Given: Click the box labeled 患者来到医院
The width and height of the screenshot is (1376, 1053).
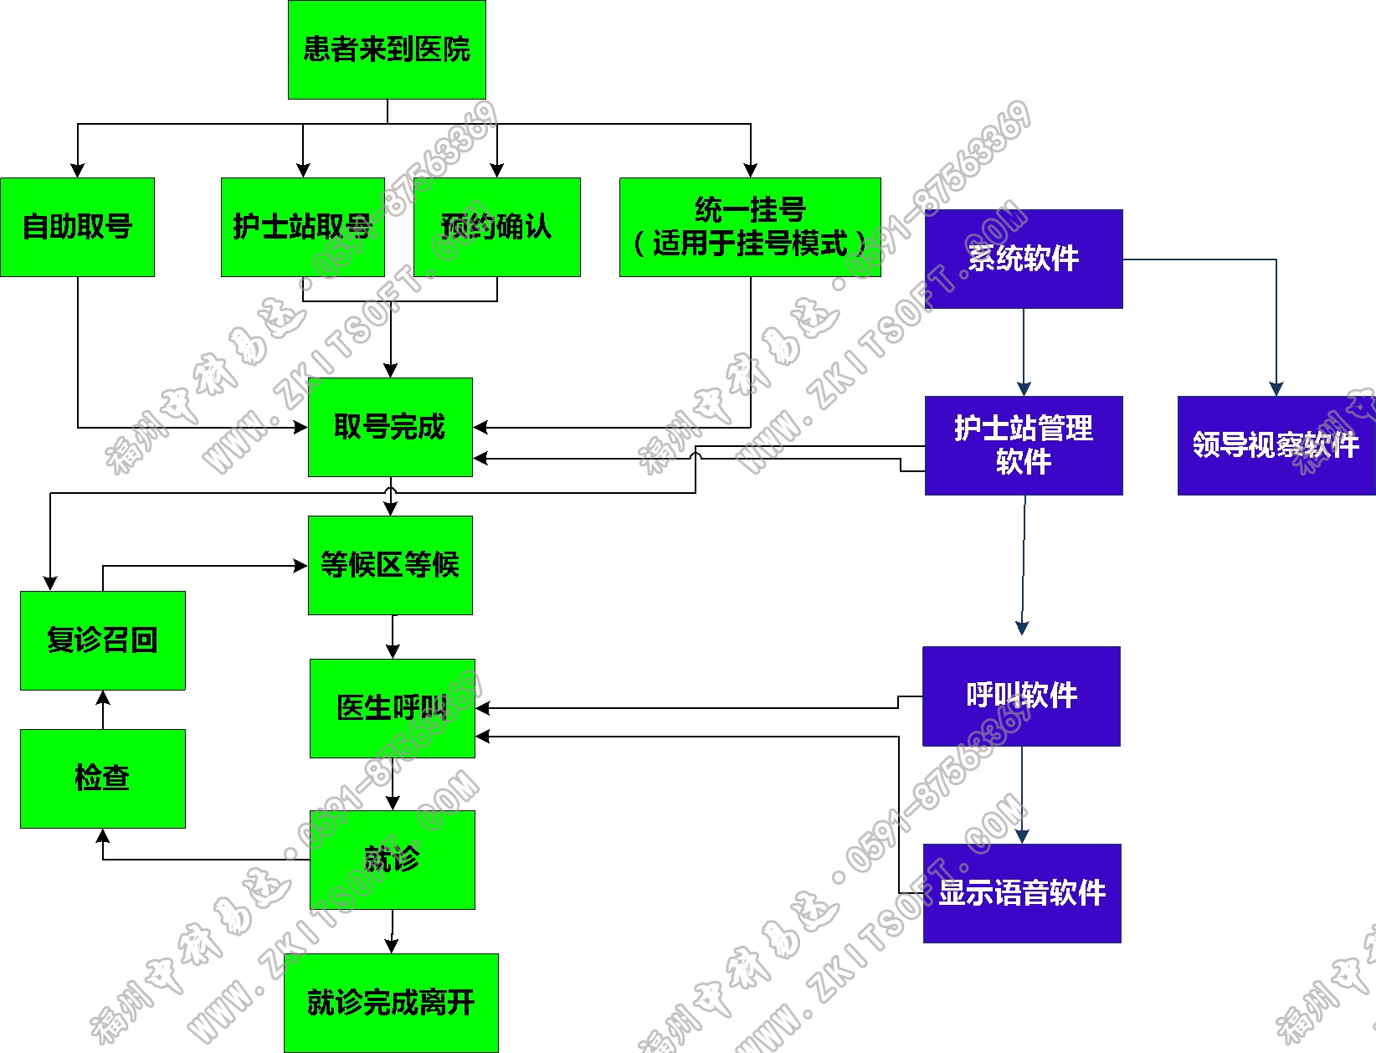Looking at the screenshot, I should click(x=387, y=49).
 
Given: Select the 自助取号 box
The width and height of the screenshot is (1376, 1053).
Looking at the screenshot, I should click(x=77, y=227).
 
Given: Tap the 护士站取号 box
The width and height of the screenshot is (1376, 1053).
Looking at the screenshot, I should click(x=302, y=227).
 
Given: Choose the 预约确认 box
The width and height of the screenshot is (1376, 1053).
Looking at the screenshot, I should click(x=496, y=227).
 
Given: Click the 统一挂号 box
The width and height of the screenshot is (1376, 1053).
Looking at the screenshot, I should click(x=750, y=227).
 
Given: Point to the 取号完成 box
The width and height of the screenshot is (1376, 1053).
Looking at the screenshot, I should click(x=390, y=427).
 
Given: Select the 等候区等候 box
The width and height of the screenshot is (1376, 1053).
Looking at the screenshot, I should click(x=390, y=565).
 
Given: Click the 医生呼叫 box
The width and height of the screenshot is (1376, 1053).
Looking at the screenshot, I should click(x=392, y=708).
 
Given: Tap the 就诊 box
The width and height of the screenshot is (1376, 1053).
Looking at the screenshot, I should click(x=392, y=860).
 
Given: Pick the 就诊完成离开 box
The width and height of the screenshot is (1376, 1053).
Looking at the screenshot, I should click(x=391, y=1003).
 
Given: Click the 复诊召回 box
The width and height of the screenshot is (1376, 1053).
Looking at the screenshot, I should click(x=102, y=640).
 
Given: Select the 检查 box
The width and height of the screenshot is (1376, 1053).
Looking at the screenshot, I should click(x=102, y=778).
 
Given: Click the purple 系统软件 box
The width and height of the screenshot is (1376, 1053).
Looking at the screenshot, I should click(x=1024, y=259).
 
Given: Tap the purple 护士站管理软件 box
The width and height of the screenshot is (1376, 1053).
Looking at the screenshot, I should click(x=1024, y=445).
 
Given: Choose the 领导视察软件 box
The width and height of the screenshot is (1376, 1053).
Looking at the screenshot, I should click(x=1276, y=445).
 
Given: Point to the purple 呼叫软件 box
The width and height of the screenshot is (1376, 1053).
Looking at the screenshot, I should click(x=1021, y=696).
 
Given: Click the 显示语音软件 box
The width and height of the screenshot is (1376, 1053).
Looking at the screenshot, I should click(x=1022, y=893).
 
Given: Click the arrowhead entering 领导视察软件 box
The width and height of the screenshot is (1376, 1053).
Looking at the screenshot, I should click(x=1276, y=389).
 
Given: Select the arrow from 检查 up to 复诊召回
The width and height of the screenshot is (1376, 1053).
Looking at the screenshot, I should click(x=103, y=710).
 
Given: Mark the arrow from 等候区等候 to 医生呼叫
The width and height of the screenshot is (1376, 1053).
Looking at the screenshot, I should click(x=393, y=637).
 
